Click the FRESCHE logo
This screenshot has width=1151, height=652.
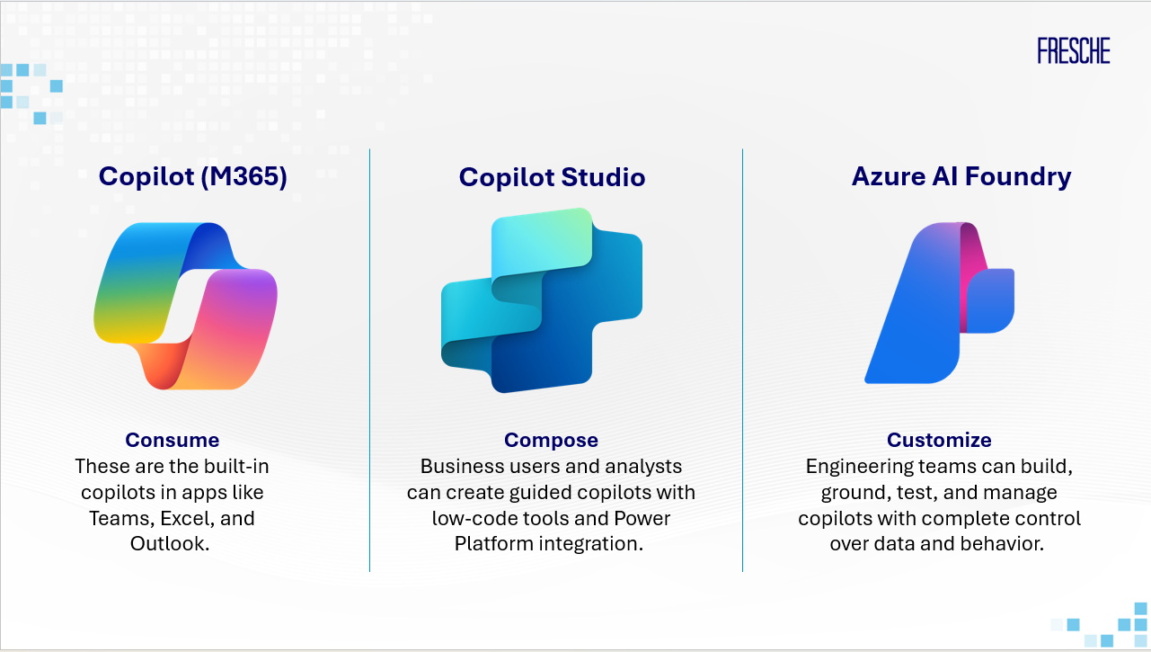point(1074,50)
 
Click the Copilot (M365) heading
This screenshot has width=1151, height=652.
point(192,177)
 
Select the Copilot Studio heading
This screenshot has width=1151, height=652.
point(552,177)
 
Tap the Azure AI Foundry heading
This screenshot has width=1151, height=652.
point(961,177)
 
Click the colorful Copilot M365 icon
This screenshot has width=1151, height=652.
point(185,306)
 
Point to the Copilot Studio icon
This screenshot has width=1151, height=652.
point(542,300)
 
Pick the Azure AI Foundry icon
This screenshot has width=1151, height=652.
point(939,303)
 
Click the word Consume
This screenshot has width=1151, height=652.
point(173,440)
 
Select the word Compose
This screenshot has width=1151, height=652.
point(551,440)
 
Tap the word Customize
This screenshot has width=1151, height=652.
point(939,440)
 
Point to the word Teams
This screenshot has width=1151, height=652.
point(122,518)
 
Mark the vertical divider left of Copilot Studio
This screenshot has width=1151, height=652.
point(369,360)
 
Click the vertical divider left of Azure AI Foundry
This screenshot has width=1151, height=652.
point(742,360)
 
